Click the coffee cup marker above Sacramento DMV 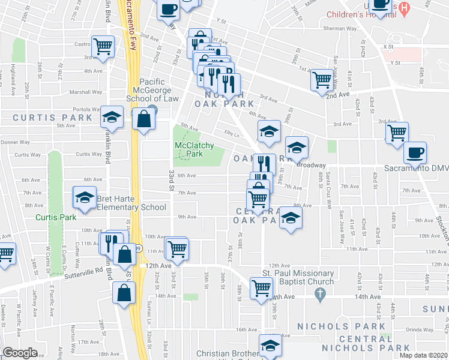[415, 152]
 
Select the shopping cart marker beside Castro [103, 45]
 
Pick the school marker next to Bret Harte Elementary [85, 197]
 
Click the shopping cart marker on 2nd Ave [323, 79]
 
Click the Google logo [20, 353]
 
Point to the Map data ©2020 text [424, 355]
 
